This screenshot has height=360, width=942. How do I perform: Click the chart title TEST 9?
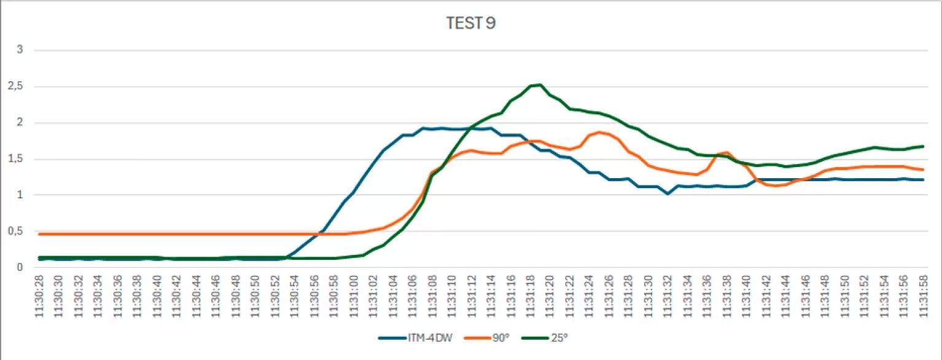[470, 24]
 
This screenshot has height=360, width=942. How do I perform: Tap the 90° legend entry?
[499, 337]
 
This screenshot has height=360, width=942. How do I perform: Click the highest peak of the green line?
[540, 85]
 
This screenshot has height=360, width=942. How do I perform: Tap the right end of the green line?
[923, 146]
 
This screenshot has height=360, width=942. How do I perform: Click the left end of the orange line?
[40, 234]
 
